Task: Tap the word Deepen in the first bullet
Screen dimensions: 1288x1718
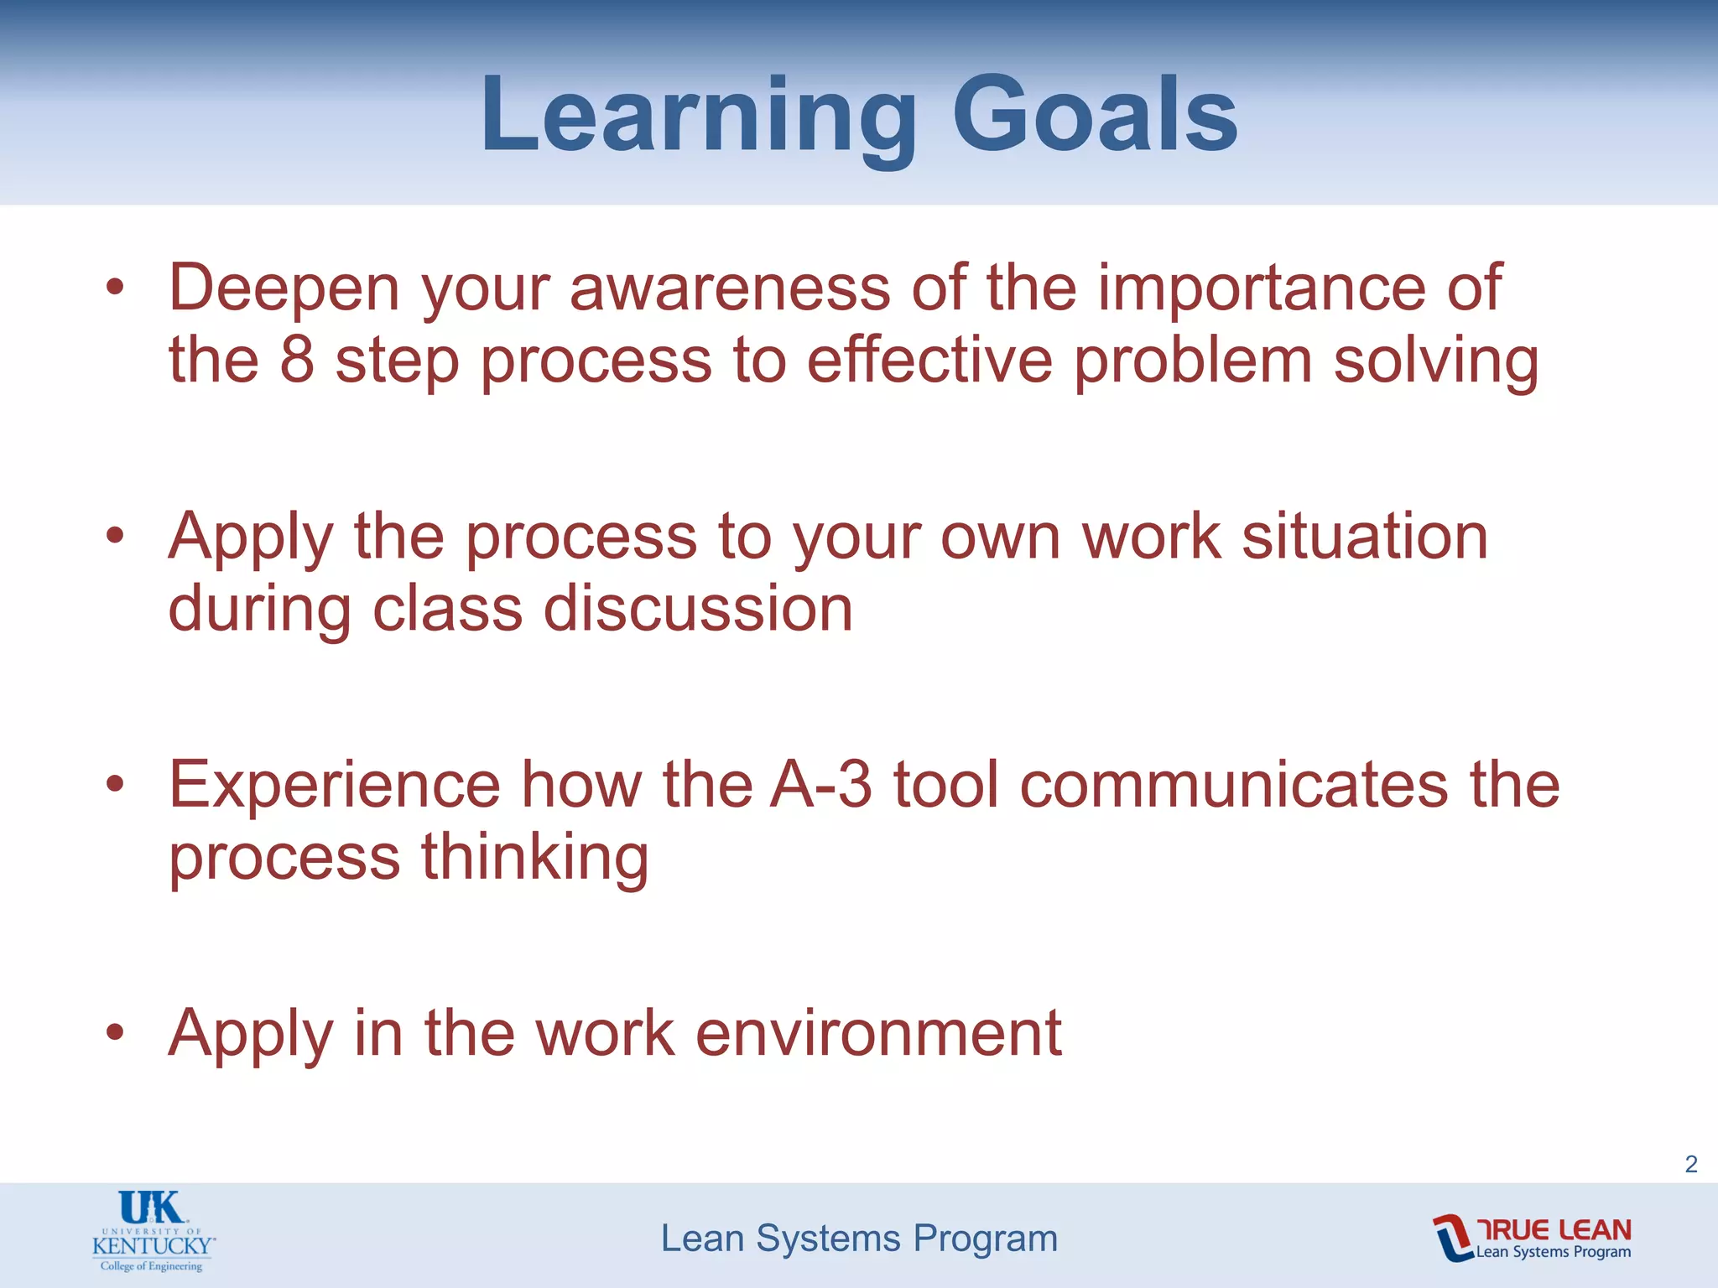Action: pos(284,288)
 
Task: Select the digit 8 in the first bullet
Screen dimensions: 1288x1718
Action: pos(297,361)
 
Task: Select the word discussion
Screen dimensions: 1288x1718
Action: pos(698,609)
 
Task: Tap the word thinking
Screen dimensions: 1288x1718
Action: pos(534,858)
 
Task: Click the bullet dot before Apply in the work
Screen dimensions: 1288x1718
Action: pos(115,1034)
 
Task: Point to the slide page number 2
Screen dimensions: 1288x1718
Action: pos(1690,1164)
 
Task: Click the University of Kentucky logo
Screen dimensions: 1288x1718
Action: pos(153,1230)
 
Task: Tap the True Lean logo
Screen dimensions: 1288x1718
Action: pos(1532,1238)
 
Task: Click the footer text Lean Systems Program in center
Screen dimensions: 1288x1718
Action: pos(859,1239)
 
